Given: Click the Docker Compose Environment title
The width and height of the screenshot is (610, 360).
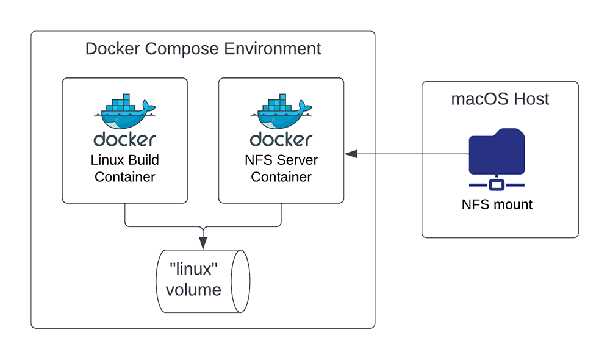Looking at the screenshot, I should [203, 49].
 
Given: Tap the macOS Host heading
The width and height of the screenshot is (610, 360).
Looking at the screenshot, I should [500, 99].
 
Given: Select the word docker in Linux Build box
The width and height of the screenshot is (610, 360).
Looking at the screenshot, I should [124, 139].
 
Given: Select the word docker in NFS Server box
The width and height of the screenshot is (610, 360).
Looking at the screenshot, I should [281, 139].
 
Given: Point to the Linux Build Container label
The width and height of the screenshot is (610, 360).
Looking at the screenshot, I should [124, 168].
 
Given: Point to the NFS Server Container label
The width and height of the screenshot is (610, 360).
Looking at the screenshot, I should [281, 168].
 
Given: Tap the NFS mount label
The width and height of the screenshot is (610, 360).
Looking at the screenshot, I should [497, 204].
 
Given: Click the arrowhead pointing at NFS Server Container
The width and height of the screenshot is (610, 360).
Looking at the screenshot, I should [350, 154].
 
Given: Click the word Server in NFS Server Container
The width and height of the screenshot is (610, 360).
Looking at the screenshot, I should [297, 160].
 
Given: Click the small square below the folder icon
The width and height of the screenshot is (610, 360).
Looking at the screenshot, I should [497, 184].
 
